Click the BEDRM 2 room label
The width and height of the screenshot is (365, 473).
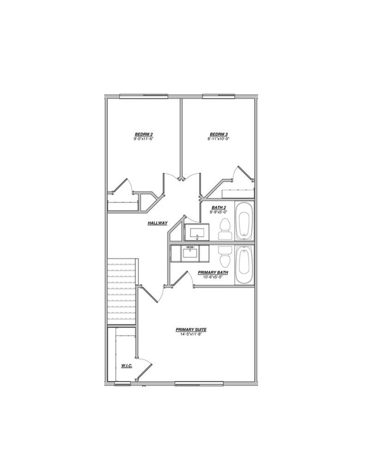143,134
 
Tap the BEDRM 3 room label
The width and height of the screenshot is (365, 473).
218,134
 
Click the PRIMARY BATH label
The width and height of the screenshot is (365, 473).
211,272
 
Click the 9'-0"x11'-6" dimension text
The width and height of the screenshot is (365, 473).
143,140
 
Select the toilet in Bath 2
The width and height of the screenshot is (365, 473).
225,228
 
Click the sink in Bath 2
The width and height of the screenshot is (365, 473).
197,232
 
